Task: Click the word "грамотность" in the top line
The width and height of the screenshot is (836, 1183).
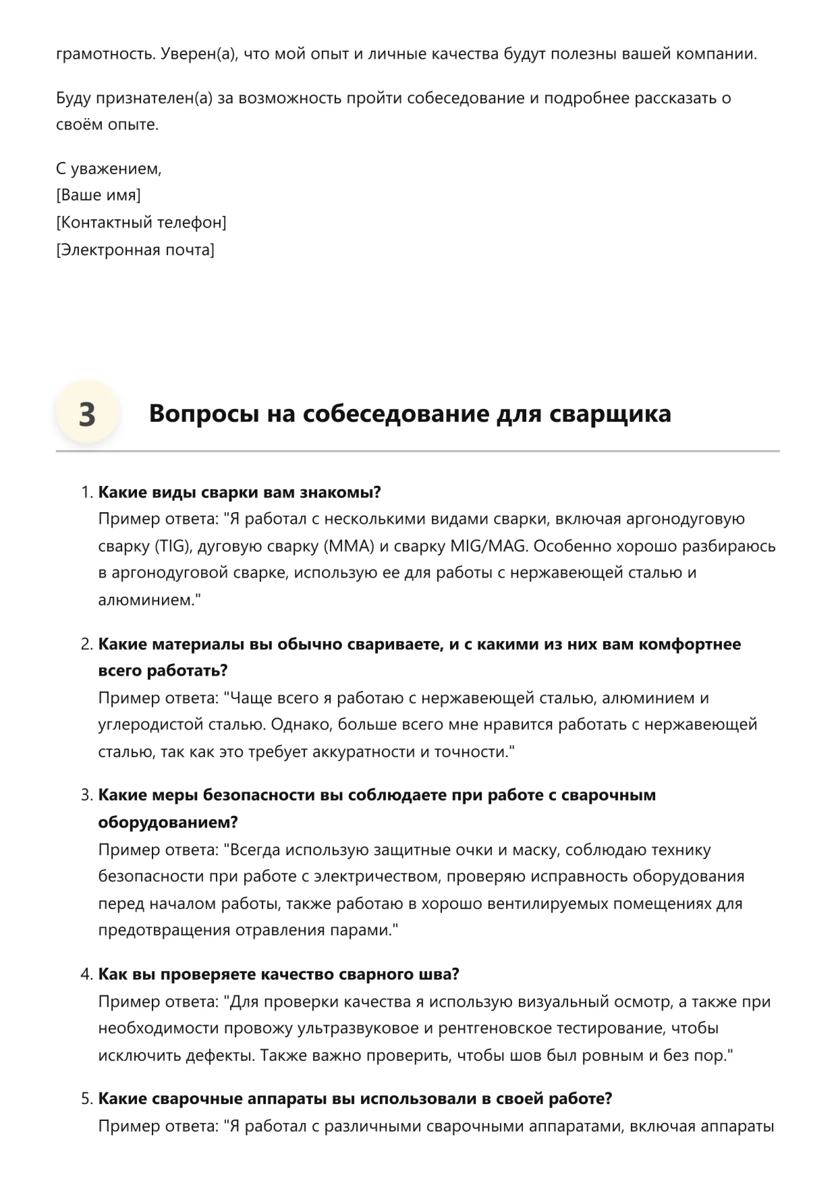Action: click(106, 54)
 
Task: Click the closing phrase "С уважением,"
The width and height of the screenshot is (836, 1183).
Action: click(109, 169)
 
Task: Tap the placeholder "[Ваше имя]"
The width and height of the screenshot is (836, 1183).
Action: click(99, 196)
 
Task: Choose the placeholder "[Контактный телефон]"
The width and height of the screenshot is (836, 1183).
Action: click(141, 223)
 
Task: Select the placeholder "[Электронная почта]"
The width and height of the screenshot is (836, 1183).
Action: click(135, 250)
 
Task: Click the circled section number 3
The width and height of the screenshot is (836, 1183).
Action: click(87, 414)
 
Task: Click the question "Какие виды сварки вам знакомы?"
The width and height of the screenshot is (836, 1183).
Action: click(240, 492)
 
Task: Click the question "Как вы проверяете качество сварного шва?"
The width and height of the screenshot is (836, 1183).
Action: click(279, 974)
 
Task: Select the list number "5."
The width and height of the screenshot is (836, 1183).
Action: click(87, 1099)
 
